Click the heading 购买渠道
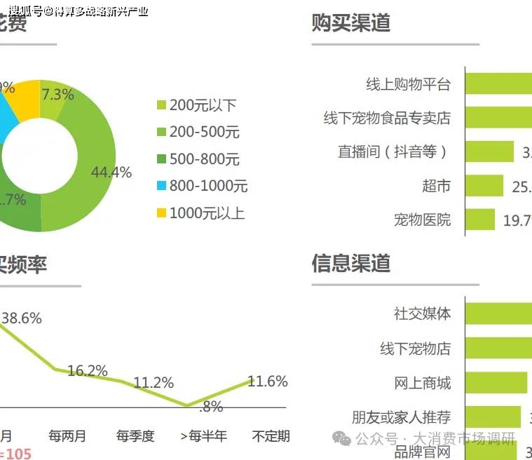click(350, 23)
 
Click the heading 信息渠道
click(350, 264)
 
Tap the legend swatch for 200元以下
click(161, 105)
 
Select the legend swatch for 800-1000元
click(161, 187)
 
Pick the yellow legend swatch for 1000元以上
click(161, 213)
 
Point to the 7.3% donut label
click(57, 95)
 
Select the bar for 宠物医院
click(480, 220)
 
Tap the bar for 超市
click(484, 186)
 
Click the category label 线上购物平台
click(408, 84)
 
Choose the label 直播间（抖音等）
click(393, 152)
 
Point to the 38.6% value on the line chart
click(22, 318)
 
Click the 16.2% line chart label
click(88, 371)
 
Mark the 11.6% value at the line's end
click(268, 381)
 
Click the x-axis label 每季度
click(135, 435)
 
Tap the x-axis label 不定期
click(271, 435)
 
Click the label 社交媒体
click(422, 313)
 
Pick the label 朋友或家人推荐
click(401, 417)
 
